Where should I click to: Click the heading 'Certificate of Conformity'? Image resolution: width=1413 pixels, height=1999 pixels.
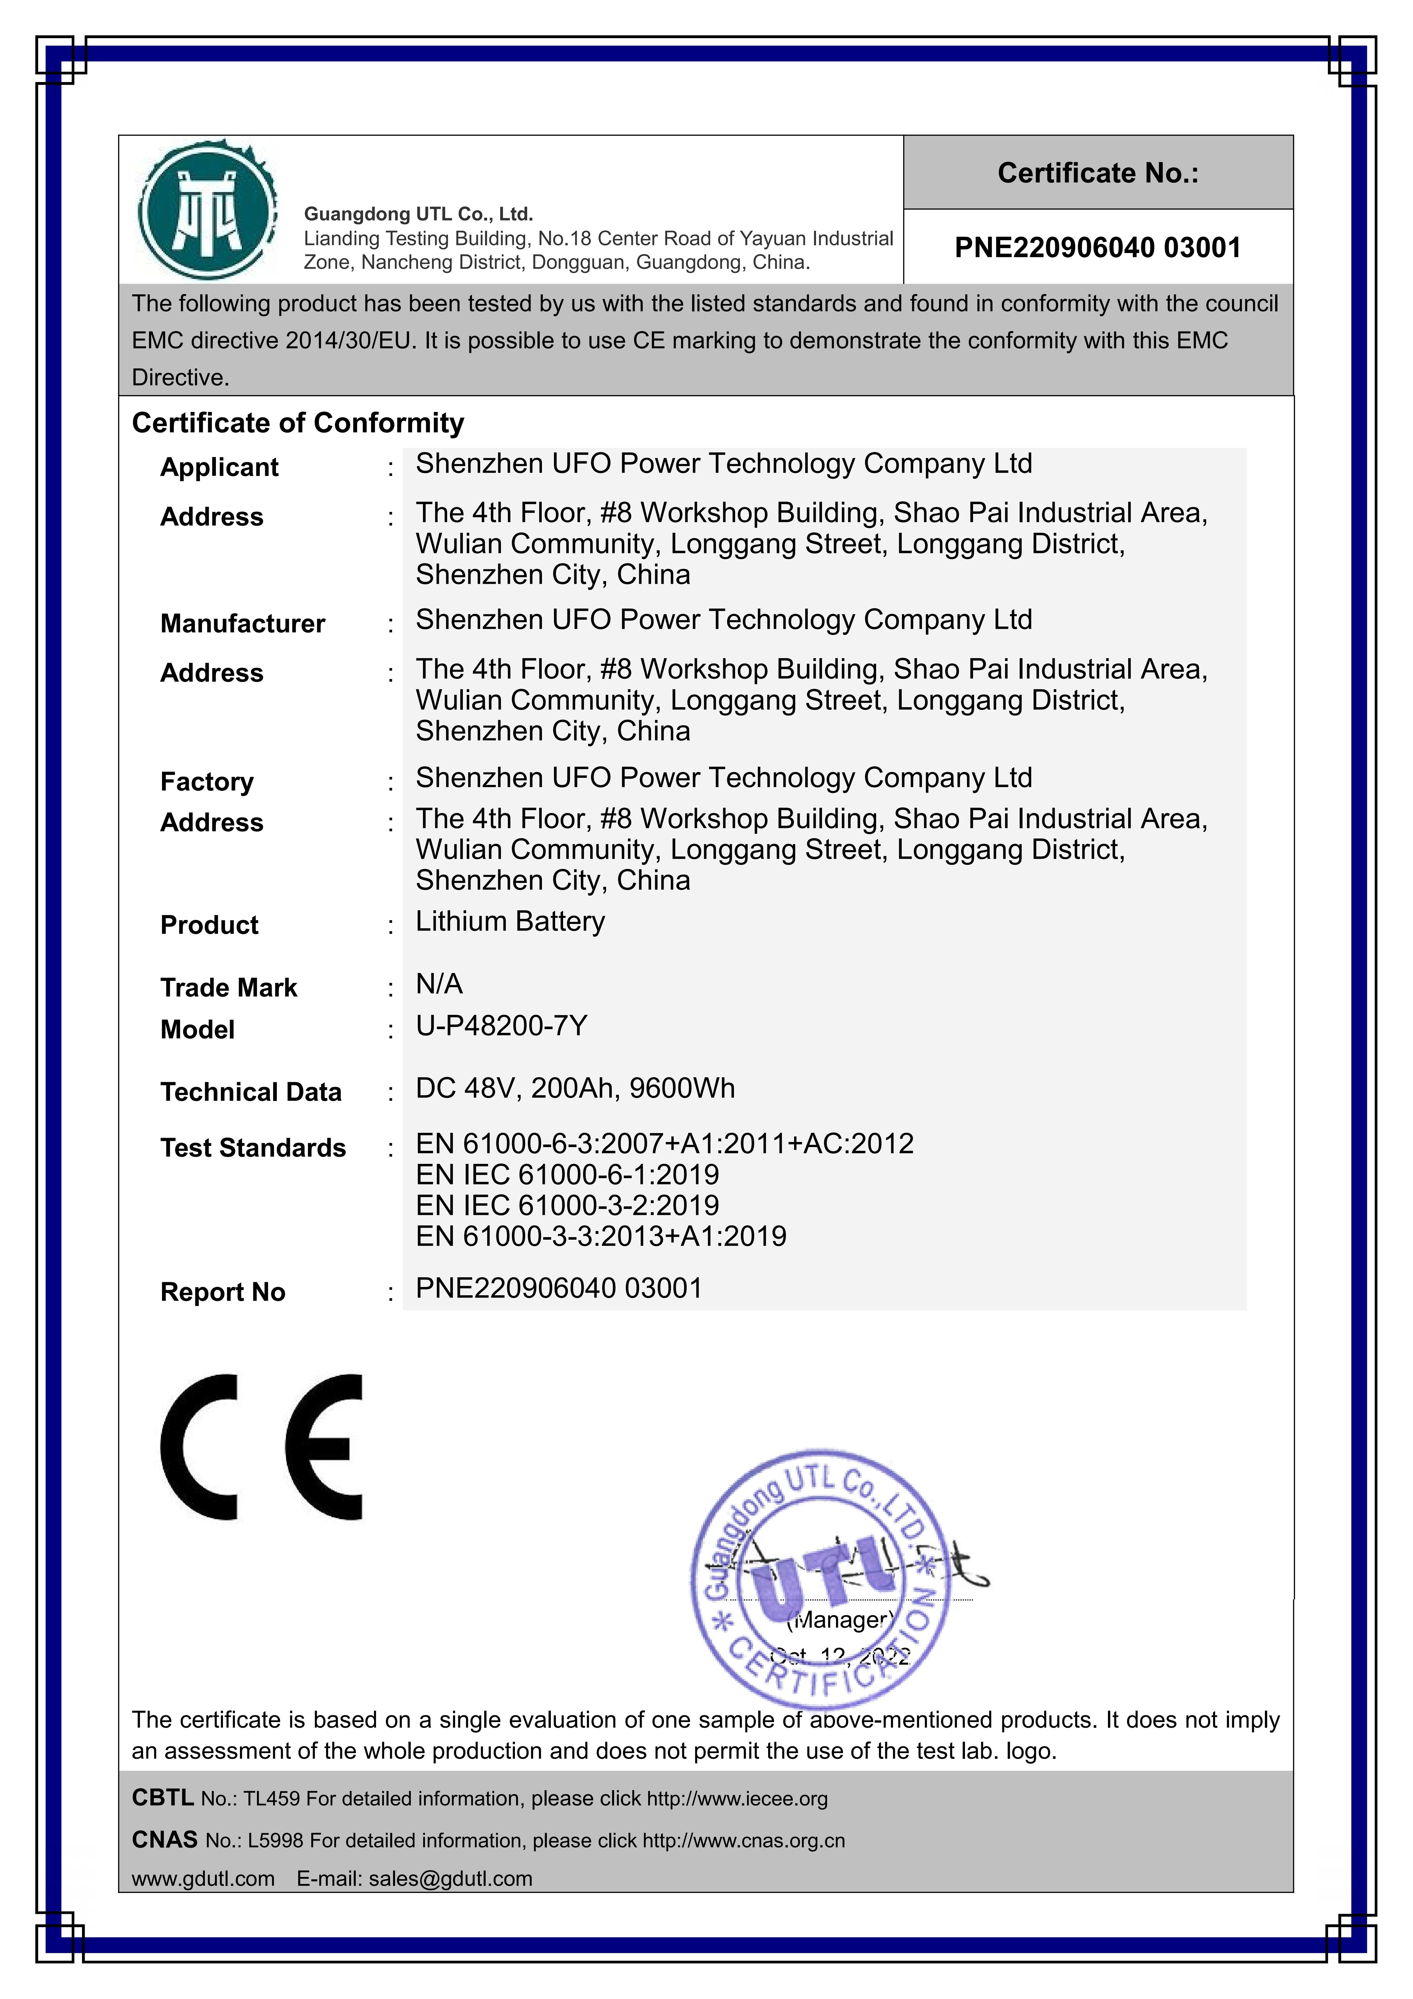point(298,423)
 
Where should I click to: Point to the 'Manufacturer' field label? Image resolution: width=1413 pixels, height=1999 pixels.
point(242,623)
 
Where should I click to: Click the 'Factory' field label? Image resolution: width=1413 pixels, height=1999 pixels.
point(206,782)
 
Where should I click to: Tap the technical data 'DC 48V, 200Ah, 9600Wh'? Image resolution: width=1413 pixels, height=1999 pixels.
point(574,1088)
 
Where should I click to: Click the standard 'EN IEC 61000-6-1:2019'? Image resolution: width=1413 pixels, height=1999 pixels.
point(567,1174)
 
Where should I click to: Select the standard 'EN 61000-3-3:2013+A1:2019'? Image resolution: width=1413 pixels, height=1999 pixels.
point(601,1236)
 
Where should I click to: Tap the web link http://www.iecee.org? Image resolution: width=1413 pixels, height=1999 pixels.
point(737,1799)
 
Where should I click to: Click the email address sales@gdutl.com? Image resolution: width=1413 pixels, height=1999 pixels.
point(450,1879)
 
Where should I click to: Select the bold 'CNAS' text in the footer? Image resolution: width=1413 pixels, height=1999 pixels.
point(165,1840)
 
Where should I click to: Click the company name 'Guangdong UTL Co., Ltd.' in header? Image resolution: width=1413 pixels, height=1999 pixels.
point(418,214)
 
